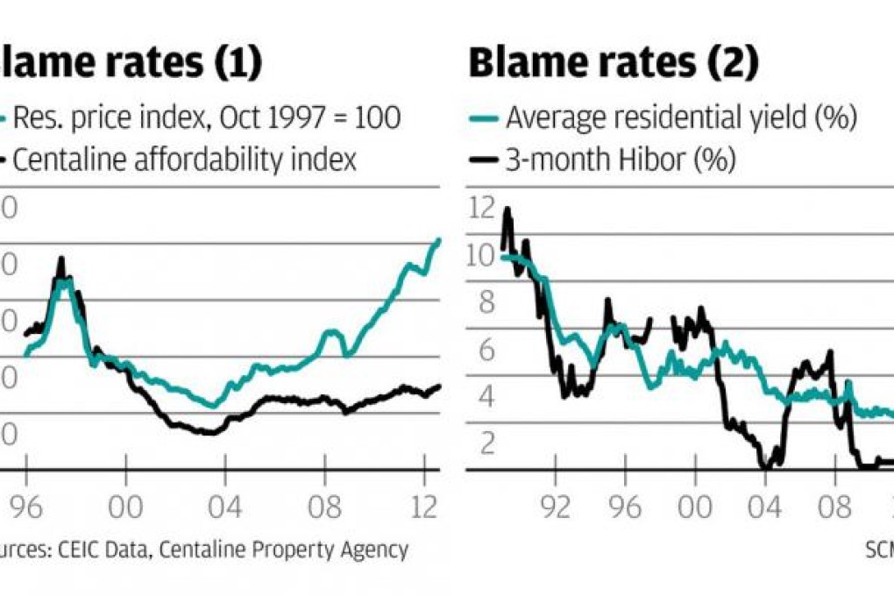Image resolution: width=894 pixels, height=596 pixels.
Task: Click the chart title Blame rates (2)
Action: [614, 64]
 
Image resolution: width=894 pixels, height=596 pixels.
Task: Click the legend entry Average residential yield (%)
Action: [680, 117]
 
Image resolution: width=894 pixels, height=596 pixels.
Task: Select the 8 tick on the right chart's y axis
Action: [484, 303]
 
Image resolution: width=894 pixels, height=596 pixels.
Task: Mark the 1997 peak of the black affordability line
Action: [61, 259]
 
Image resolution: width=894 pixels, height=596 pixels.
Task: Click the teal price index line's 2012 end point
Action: [439, 239]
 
